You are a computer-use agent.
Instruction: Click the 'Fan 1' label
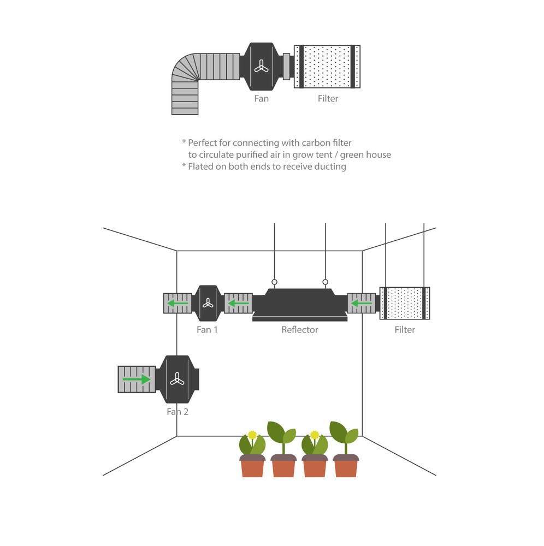point(207,330)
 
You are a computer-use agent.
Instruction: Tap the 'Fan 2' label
point(178,412)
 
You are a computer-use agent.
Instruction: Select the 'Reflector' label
point(299,330)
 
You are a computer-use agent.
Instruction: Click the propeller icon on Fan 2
point(176,379)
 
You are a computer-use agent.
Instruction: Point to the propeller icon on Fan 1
point(208,303)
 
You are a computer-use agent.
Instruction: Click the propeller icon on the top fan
point(261,67)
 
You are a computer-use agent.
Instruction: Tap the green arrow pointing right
point(137,379)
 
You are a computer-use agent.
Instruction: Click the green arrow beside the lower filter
point(361,303)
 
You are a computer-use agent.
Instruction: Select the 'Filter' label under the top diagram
point(328,99)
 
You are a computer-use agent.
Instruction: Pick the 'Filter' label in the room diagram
point(405,330)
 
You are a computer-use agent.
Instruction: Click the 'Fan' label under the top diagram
point(262,99)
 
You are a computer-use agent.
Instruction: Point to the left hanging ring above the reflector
point(274,282)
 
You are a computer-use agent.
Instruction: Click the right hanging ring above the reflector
point(326,282)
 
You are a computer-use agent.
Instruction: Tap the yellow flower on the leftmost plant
point(252,435)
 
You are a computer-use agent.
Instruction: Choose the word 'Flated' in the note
point(201,167)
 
